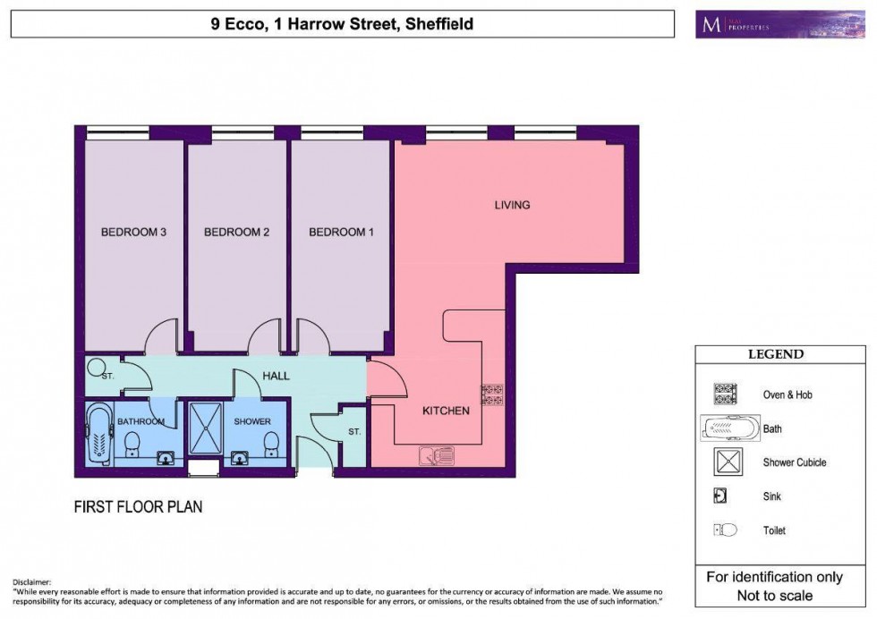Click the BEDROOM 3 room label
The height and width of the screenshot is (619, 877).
pyautogui.click(x=134, y=233)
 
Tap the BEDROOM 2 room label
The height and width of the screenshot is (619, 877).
pyautogui.click(x=237, y=233)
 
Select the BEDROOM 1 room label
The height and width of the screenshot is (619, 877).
pyautogui.click(x=341, y=233)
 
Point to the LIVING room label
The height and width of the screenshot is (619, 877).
pyautogui.click(x=512, y=205)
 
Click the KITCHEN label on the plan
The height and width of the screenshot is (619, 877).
pyautogui.click(x=446, y=411)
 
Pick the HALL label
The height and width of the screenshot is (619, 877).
pyautogui.click(x=277, y=376)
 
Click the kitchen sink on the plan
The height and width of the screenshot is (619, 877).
pyautogui.click(x=436, y=456)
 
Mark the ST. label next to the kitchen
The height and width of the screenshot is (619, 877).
pyautogui.click(x=354, y=432)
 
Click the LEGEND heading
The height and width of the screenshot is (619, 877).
pyautogui.click(x=776, y=354)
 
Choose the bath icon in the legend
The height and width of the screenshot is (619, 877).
pyautogui.click(x=729, y=428)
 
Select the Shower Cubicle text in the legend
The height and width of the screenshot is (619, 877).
pyautogui.click(x=794, y=462)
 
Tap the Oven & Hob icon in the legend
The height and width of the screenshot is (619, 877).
pyautogui.click(x=723, y=394)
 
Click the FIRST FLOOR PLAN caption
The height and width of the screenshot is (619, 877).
pyautogui.click(x=138, y=507)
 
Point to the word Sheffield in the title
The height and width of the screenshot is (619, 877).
pyautogui.click(x=438, y=24)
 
